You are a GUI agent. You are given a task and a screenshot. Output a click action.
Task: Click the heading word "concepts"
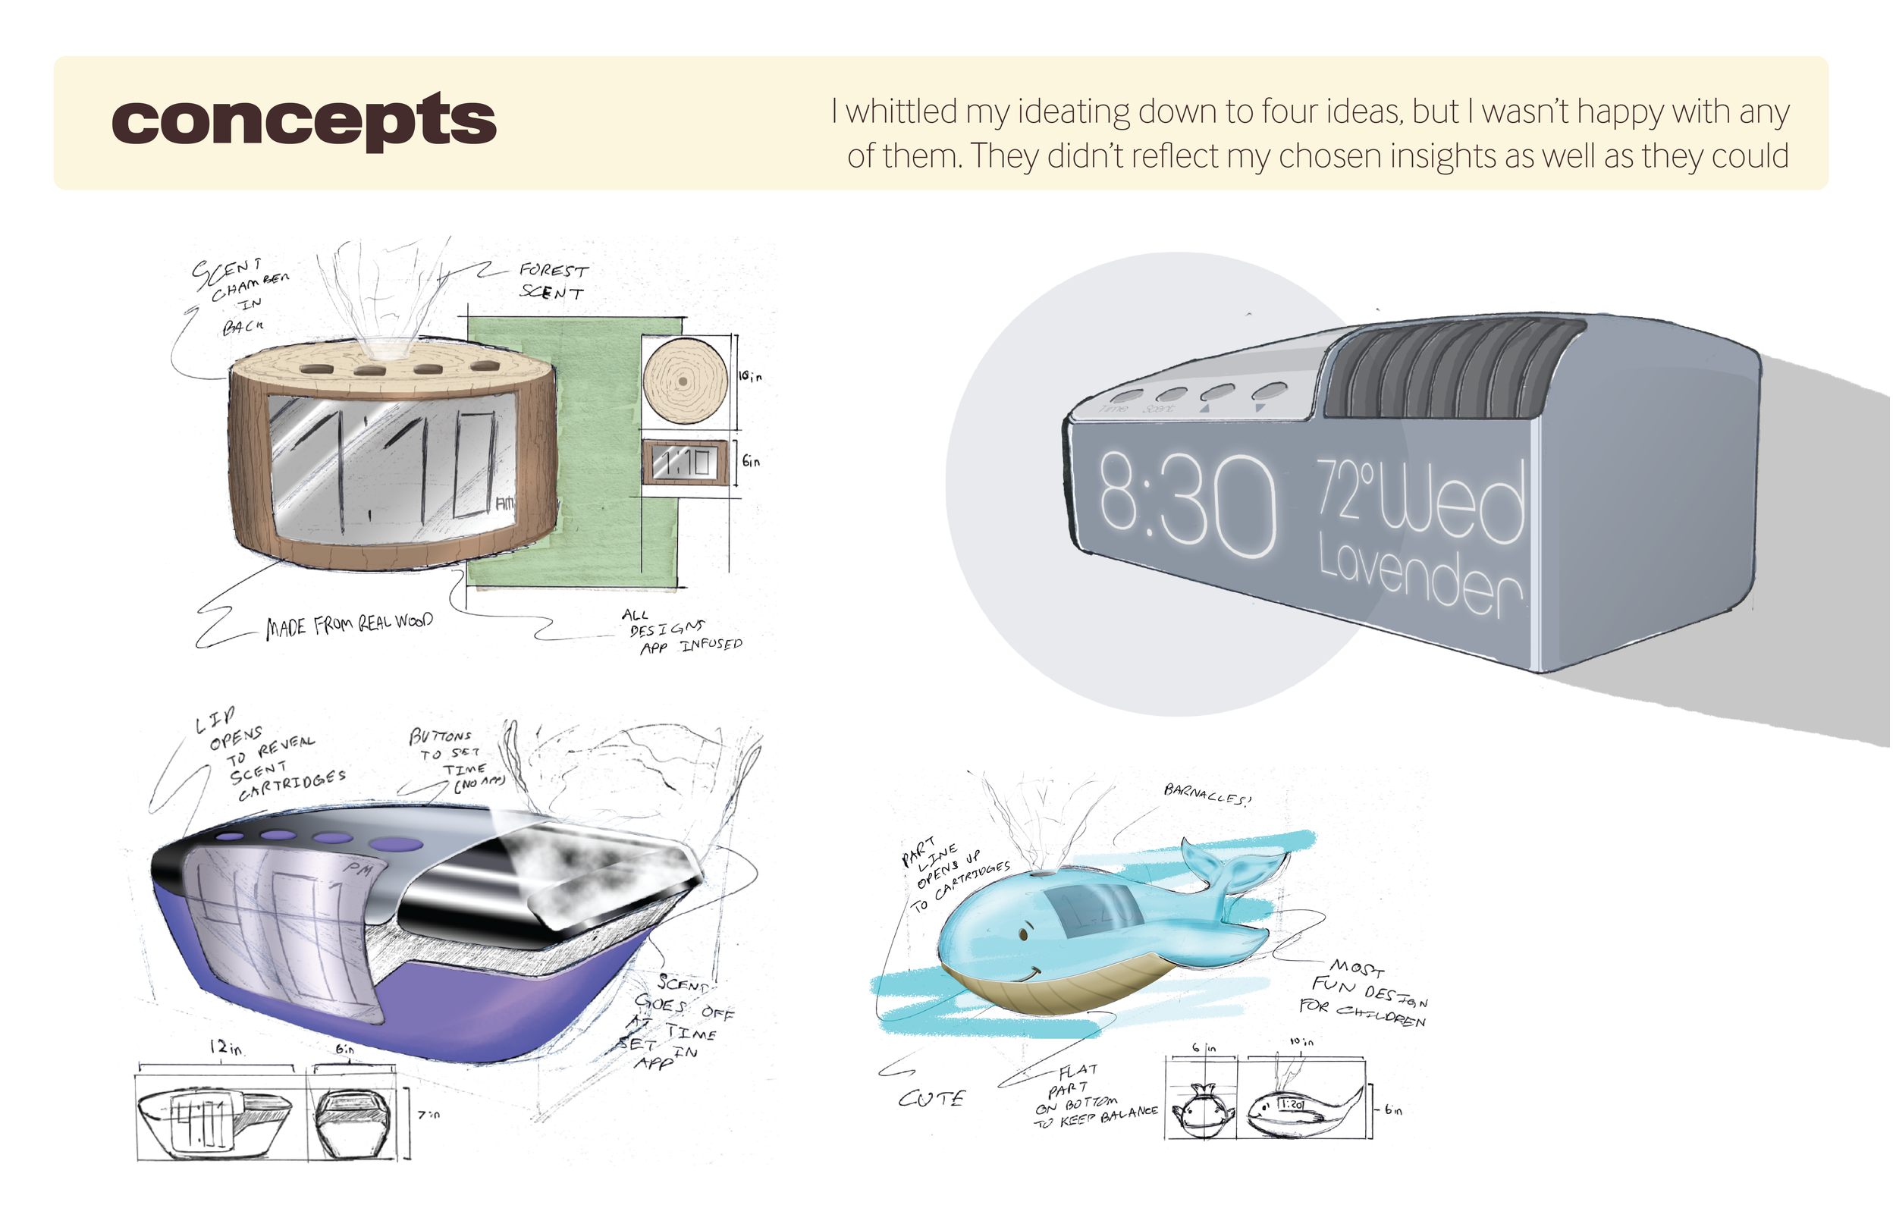pyautogui.click(x=303, y=121)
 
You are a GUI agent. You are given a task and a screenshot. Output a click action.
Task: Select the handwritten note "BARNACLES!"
pyautogui.click(x=1207, y=794)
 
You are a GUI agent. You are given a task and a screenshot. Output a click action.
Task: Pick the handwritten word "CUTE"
pyautogui.click(x=931, y=1100)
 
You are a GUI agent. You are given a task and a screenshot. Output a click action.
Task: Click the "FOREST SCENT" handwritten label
pyautogui.click(x=554, y=281)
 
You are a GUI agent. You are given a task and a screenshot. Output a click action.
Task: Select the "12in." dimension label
pyautogui.click(x=227, y=1049)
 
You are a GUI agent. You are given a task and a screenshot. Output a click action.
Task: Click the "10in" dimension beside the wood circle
pyautogui.click(x=750, y=376)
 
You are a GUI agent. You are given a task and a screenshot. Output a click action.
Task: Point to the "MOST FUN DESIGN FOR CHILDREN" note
pyautogui.click(x=1363, y=994)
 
